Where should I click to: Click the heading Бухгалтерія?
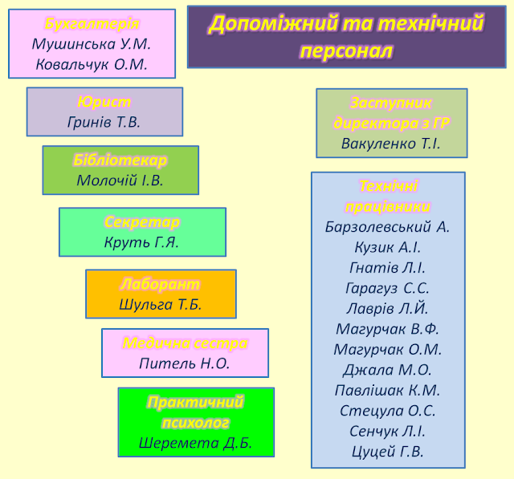click(92, 24)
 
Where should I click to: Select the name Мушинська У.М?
click(92, 45)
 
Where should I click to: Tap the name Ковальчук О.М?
click(92, 65)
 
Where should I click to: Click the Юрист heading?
click(104, 102)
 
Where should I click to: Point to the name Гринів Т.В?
click(104, 122)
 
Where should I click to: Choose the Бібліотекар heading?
click(120, 160)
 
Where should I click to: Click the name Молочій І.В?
click(120, 181)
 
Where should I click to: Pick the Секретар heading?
click(142, 221)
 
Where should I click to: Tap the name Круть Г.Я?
click(142, 242)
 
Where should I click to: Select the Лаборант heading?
click(161, 284)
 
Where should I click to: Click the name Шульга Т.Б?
click(161, 304)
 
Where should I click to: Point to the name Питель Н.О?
click(185, 363)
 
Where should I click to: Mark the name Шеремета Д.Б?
click(195, 442)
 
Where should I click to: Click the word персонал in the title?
click(346, 51)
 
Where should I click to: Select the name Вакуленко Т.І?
click(391, 144)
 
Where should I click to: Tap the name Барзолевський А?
click(388, 227)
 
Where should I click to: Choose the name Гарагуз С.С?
click(388, 288)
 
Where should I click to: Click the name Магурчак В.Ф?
click(388, 329)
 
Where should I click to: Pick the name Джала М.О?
click(388, 370)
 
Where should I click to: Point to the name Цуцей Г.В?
click(388, 452)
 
